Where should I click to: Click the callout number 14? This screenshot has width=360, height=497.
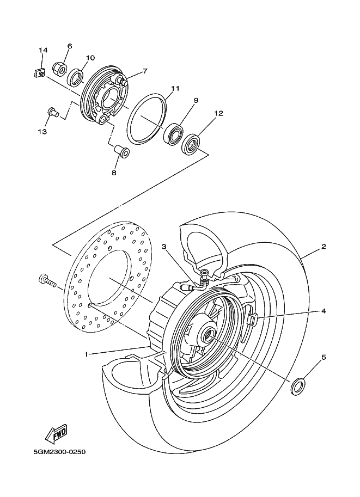coord(43,50)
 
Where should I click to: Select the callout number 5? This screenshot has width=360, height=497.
coord(324,357)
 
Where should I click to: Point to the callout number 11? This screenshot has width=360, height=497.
coord(175,88)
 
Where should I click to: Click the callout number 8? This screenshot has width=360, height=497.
coord(114,173)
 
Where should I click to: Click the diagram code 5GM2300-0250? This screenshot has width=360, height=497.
coord(59,452)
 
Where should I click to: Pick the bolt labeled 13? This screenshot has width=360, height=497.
coord(52,112)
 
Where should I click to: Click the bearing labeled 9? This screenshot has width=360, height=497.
coord(174,134)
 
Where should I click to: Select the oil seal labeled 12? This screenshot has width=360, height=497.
coord(192,145)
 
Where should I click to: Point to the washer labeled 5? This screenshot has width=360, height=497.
coord(297,386)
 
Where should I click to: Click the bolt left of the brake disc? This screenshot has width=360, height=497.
coord(47,281)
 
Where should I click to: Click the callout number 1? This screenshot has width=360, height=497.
coord(86,354)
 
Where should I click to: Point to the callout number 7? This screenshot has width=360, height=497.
coord(145,71)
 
